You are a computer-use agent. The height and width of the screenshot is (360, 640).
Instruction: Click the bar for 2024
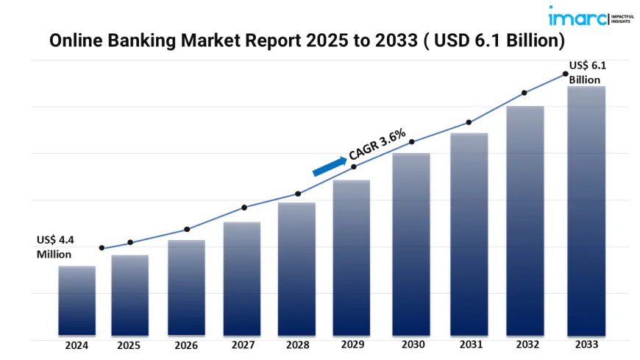[77, 300]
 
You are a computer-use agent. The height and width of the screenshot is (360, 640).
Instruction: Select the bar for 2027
[242, 278]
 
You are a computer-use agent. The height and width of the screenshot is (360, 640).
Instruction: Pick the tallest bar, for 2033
[586, 211]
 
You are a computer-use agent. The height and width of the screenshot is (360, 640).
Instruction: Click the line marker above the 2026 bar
[187, 229]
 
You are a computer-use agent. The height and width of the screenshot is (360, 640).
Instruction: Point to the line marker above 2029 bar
[354, 167]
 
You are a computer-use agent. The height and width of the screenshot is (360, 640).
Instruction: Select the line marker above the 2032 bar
[525, 93]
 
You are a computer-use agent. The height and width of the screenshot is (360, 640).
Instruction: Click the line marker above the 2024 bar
[102, 248]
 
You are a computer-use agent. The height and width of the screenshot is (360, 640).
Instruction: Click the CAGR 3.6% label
[377, 144]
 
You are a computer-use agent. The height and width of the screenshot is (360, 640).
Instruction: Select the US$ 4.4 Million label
[54, 247]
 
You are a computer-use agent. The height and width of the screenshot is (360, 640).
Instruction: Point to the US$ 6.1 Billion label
[588, 73]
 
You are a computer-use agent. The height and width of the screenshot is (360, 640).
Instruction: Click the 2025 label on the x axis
[129, 344]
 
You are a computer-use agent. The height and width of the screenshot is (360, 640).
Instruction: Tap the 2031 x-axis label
[469, 344]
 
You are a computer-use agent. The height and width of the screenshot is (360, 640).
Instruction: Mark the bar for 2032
[525, 221]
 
